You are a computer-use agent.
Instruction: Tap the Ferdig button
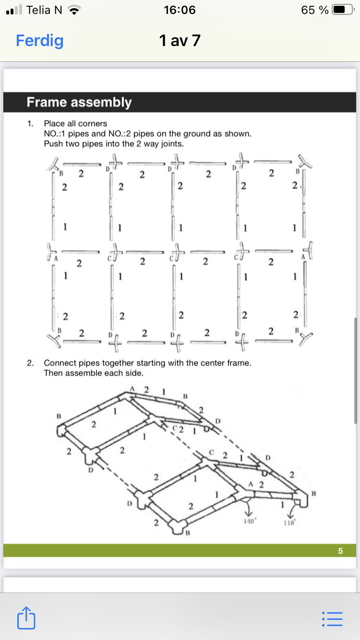coord(39,41)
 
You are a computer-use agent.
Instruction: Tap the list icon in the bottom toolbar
coord(332,619)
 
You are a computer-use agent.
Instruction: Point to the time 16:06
coord(180,10)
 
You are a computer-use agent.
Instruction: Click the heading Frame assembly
coord(79,102)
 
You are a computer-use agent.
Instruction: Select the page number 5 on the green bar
coord(340,551)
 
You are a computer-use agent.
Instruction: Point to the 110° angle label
coord(288,523)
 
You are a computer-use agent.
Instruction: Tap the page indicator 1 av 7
coord(180,41)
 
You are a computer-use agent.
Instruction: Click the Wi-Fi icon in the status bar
coord(73,10)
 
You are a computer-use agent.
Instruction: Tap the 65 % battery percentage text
coord(315,10)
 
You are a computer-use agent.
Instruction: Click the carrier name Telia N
coord(44,10)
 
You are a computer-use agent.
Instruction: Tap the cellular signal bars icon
coord(15,10)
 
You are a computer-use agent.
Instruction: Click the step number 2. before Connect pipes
coord(31,363)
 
